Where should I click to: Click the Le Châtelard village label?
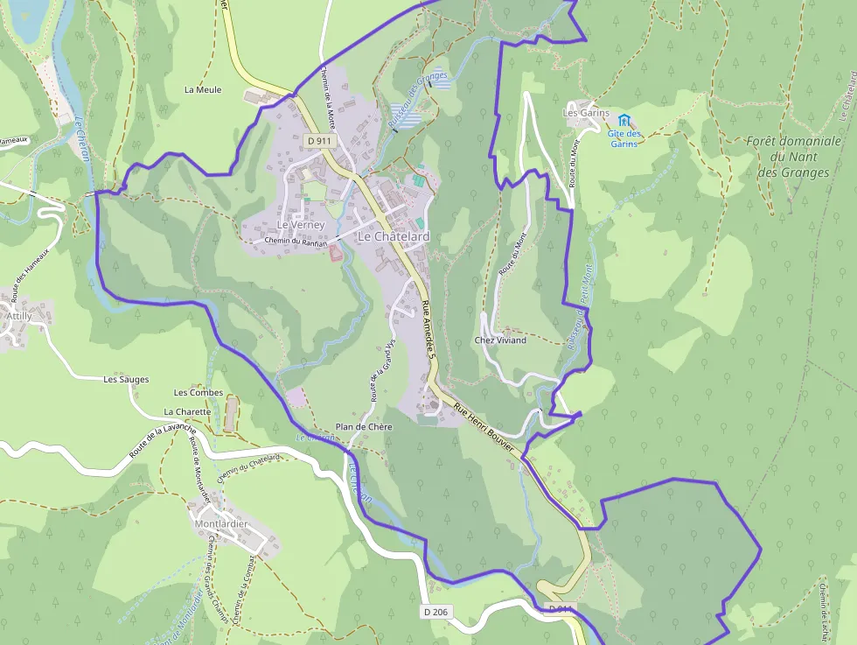pyautogui.click(x=394, y=237)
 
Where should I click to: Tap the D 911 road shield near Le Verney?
pyautogui.click(x=320, y=140)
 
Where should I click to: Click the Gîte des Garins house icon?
pyautogui.click(x=624, y=119)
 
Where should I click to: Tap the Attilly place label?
pyautogui.click(x=18, y=315)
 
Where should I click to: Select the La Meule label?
pyautogui.click(x=203, y=89)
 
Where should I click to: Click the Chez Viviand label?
pyautogui.click(x=500, y=340)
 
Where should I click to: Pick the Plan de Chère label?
pyautogui.click(x=364, y=426)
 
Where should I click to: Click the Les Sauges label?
pyautogui.click(x=126, y=380)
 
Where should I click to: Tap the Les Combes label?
pyautogui.click(x=199, y=393)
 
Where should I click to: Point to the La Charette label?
pyautogui.click(x=187, y=411)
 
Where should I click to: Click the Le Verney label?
pyautogui.click(x=301, y=225)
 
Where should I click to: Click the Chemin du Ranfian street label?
pyautogui.click(x=295, y=242)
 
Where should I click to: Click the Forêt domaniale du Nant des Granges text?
pyautogui.click(x=794, y=156)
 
